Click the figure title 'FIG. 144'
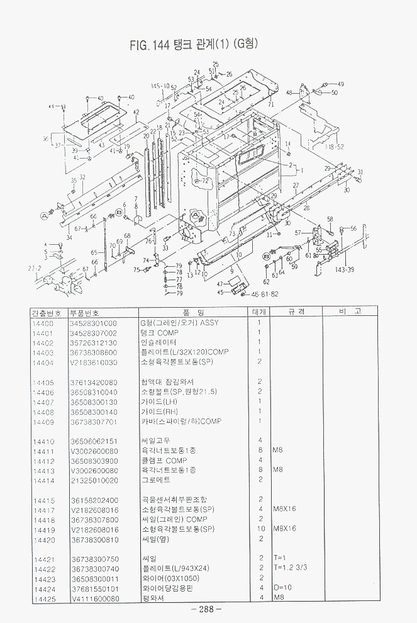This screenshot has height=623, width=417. coord(150,45)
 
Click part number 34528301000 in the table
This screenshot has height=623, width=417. coord(94,322)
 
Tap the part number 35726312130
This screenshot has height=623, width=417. coord(94,342)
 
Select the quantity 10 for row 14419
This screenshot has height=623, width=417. coord(259,529)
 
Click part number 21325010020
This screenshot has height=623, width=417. coord(94,480)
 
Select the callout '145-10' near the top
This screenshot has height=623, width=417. coord(160,86)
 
